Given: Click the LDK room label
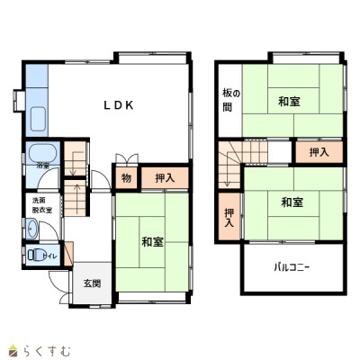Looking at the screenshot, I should point(118,105).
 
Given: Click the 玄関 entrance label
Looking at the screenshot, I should point(93,283).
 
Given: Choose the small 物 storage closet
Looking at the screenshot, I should point(126,178).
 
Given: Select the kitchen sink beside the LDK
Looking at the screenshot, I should point(39,118).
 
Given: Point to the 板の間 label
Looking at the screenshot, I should point(229,99).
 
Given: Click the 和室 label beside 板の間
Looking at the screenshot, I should point(289,101).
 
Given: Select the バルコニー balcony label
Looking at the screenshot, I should point(292,267).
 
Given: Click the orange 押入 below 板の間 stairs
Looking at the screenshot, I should point(228,216).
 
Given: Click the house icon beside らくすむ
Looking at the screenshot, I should point(13,349).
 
